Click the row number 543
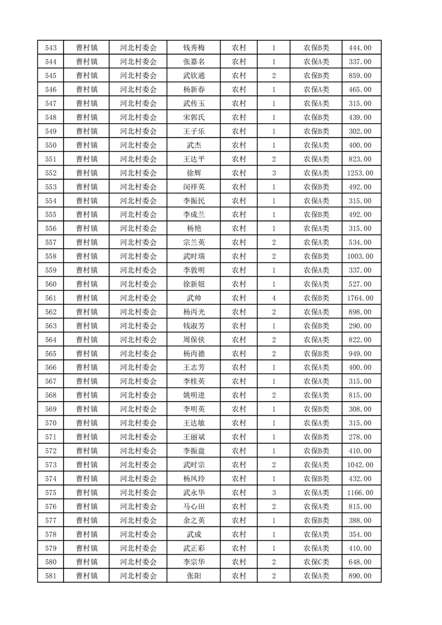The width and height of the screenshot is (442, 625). point(50,47)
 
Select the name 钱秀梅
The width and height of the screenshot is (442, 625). point(193,47)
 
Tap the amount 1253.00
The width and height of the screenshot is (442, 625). point(360,173)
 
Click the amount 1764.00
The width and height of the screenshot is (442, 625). point(360,298)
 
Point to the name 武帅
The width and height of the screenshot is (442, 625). point(193,298)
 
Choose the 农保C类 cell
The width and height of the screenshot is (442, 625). point(316,563)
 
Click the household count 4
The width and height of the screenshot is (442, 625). point(274,298)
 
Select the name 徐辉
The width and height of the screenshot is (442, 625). point(193,173)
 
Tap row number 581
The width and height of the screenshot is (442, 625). point(50,577)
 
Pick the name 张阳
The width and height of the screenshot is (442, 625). point(193,577)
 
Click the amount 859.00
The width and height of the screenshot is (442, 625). point(360,75)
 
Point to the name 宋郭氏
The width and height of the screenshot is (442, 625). point(193,117)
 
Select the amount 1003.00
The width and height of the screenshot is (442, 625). point(360,256)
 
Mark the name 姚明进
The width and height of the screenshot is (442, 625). point(193,395)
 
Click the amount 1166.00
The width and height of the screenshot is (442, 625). point(360,493)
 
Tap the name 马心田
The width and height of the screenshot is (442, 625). point(193,507)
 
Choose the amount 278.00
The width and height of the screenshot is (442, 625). point(360,437)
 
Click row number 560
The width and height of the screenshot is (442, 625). point(50,284)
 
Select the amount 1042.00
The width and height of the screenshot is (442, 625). point(360,465)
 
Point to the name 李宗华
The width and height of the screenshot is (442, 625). point(193,563)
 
